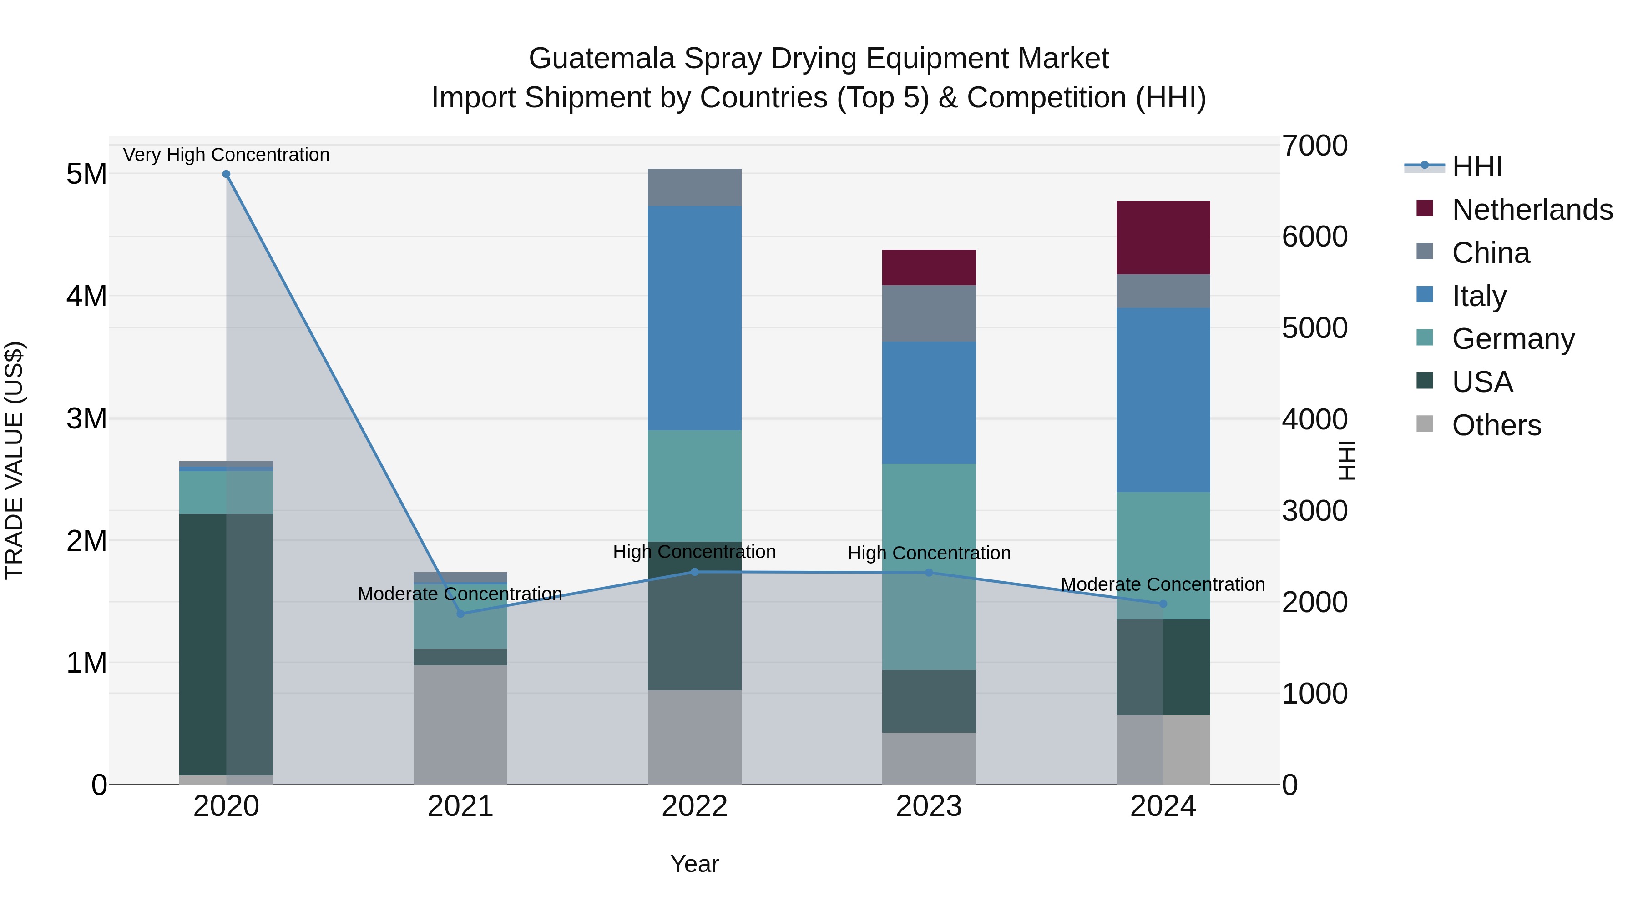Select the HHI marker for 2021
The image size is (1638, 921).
click(x=460, y=614)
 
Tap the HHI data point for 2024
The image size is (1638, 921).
click(x=1163, y=604)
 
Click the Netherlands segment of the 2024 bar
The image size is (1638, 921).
click(x=1163, y=238)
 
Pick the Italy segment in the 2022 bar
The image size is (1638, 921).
click(x=694, y=318)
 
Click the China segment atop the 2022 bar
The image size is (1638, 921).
click(x=694, y=187)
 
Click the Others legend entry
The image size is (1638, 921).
click(x=1496, y=425)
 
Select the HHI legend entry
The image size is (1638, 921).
click(x=1477, y=166)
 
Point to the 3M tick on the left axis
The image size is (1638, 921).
click(x=86, y=419)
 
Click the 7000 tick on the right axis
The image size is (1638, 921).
click(x=1314, y=146)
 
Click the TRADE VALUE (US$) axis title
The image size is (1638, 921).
click(x=14, y=460)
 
